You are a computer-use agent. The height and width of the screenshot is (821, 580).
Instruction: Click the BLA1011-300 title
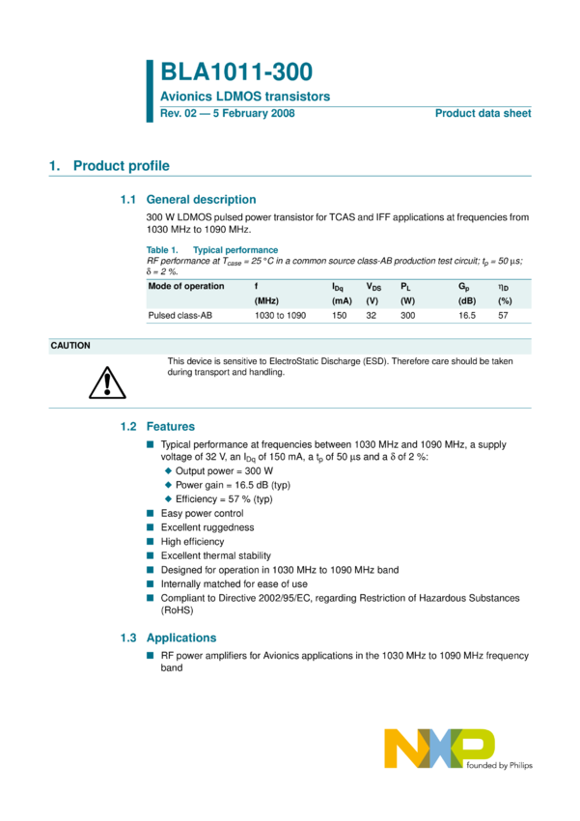[x=235, y=72]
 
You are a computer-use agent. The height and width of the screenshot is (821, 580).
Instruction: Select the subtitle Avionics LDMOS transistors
[x=245, y=97]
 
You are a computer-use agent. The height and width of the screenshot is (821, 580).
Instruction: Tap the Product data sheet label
[x=483, y=113]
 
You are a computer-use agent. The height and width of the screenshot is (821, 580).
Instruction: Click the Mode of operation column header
[x=185, y=286]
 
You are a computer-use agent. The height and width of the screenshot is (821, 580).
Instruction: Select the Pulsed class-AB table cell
[x=180, y=316]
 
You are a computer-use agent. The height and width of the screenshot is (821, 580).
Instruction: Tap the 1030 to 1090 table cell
[x=280, y=316]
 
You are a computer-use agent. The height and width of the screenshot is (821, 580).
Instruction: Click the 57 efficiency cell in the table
[x=503, y=316]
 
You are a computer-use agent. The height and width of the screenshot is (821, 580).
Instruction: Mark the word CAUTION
[x=70, y=345]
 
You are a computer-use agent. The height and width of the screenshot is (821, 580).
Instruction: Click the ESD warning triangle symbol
[x=101, y=385]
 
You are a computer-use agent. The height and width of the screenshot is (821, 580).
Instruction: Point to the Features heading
[x=170, y=426]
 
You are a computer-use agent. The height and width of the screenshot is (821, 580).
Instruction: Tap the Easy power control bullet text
[x=202, y=514]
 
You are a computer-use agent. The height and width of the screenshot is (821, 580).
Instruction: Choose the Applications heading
[x=180, y=637]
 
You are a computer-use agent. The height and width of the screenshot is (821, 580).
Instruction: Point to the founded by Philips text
[x=499, y=765]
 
